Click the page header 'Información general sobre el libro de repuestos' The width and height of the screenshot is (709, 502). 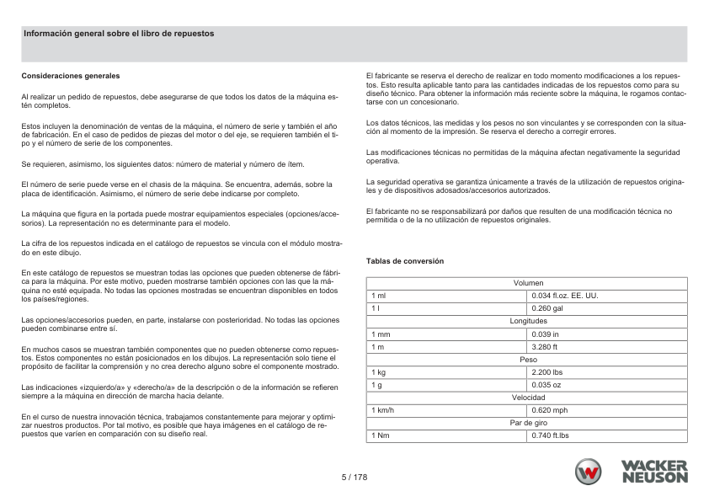tap(119, 34)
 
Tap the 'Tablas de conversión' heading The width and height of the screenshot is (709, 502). tap(405, 261)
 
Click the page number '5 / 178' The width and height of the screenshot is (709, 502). tap(354, 477)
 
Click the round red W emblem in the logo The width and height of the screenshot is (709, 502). tap(590, 472)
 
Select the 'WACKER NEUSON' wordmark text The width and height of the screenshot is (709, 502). tap(653, 472)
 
